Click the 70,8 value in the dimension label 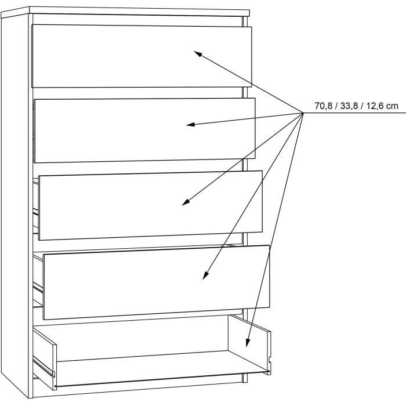point(324,106)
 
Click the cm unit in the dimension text point(391,106)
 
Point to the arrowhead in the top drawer point(198,53)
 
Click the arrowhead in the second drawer point(190,125)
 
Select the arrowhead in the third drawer point(186,202)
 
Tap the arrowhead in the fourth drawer point(205,275)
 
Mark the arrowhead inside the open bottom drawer point(248,343)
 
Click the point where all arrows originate point(303,113)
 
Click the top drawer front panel point(142,56)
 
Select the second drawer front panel point(144,130)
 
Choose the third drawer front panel point(150,205)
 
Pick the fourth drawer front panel point(157,282)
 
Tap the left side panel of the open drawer point(44,357)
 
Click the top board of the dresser point(125,12)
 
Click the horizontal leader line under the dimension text point(354,113)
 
